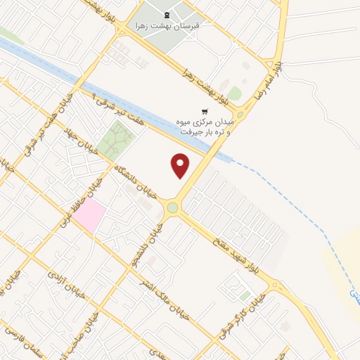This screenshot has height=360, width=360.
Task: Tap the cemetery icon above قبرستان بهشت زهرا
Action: (x=166, y=15)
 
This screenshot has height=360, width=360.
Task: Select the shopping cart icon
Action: (x=205, y=111)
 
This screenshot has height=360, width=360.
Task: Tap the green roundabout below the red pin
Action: (x=173, y=207)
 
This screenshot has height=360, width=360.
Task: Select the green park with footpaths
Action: (x=116, y=139)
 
